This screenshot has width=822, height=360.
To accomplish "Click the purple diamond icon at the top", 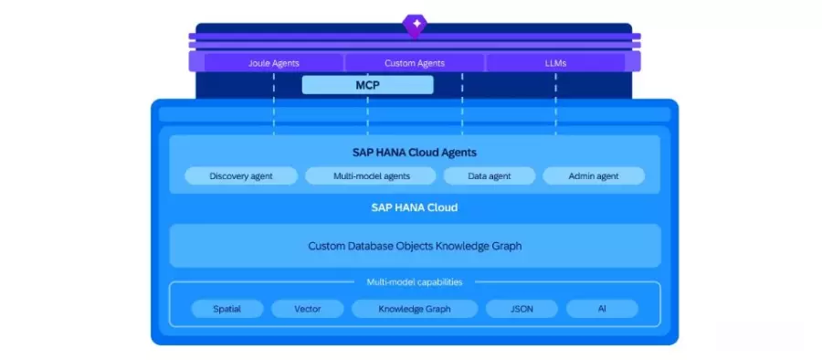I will pyautogui.click(x=415, y=26).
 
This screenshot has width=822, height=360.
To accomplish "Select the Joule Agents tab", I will pyautogui.click(x=274, y=63).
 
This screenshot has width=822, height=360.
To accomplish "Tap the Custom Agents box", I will pyautogui.click(x=415, y=63).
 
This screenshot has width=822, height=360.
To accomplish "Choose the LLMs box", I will pyautogui.click(x=554, y=63).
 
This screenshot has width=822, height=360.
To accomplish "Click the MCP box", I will pyautogui.click(x=367, y=85).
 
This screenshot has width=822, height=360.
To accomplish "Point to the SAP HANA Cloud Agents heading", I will pyautogui.click(x=415, y=153).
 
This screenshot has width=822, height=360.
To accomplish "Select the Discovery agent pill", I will pyautogui.click(x=240, y=176).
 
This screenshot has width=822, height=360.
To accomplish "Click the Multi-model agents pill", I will pyautogui.click(x=370, y=176).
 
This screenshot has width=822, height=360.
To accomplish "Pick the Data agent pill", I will pyautogui.click(x=489, y=176).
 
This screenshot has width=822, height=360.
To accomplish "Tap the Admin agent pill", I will pyautogui.click(x=594, y=176).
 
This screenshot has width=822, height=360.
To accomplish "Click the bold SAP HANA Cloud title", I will pyautogui.click(x=415, y=207).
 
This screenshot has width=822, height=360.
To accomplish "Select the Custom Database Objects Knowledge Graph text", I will pyautogui.click(x=415, y=246).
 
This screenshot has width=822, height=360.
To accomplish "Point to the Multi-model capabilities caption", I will pyautogui.click(x=415, y=282).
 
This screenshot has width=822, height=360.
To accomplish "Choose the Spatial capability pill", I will pyautogui.click(x=227, y=309).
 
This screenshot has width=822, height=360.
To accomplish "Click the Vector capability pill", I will pyautogui.click(x=308, y=309).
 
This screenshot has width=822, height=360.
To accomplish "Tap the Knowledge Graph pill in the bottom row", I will pyautogui.click(x=415, y=309).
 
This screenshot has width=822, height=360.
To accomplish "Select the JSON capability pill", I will pyautogui.click(x=522, y=309).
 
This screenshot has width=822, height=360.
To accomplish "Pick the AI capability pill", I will pyautogui.click(x=602, y=309).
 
